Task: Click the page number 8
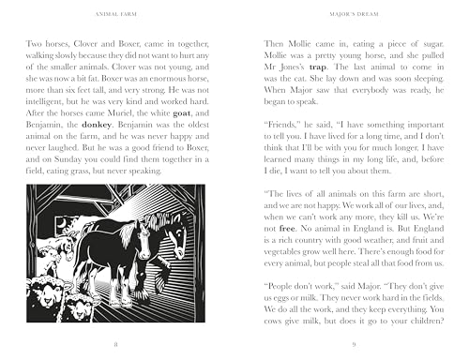coord(115,344)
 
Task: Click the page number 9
coord(353,344)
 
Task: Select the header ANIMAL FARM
coord(115,14)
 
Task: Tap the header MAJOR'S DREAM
coord(353,14)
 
